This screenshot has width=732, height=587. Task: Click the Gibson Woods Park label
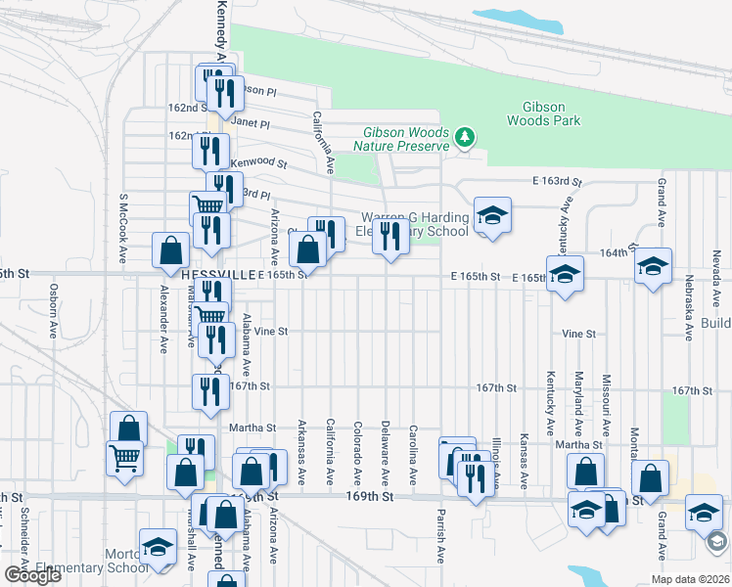(x=544, y=113)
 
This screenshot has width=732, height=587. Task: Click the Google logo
(x=32, y=575)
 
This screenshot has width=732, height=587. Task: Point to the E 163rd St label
(x=557, y=182)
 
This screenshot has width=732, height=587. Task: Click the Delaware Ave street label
(x=385, y=453)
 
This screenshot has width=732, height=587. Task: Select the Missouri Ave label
(x=606, y=404)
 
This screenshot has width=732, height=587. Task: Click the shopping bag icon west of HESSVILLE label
(x=170, y=249)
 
